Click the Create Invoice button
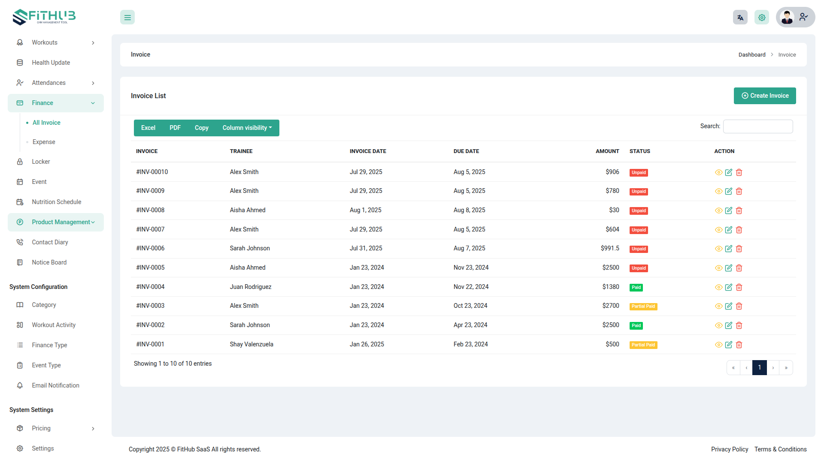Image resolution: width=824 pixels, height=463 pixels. (x=764, y=96)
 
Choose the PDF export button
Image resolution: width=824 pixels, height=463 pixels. (x=175, y=128)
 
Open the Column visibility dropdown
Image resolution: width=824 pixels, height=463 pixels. (x=247, y=128)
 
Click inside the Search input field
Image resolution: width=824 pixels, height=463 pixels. (x=757, y=126)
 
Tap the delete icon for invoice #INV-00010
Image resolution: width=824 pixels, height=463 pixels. (x=739, y=172)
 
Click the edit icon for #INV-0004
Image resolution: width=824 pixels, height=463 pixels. (x=728, y=287)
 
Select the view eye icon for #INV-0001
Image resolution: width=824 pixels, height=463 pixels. (x=718, y=345)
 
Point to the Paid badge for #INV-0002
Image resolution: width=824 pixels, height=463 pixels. (x=636, y=325)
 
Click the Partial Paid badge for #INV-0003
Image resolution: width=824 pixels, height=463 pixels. (x=643, y=306)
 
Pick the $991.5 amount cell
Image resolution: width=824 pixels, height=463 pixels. (x=609, y=248)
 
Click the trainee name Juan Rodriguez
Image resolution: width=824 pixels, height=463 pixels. (x=250, y=287)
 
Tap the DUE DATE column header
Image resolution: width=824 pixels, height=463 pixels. (x=466, y=151)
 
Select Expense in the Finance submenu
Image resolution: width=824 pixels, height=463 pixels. (x=44, y=142)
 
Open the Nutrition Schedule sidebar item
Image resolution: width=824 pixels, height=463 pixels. (x=56, y=202)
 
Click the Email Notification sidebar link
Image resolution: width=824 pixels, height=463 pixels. (x=55, y=385)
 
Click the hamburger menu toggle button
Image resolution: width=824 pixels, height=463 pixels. (x=127, y=18)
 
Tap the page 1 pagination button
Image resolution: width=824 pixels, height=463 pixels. (x=759, y=367)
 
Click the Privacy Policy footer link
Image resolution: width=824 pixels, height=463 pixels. (x=729, y=449)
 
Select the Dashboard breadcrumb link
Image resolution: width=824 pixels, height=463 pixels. (x=751, y=55)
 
